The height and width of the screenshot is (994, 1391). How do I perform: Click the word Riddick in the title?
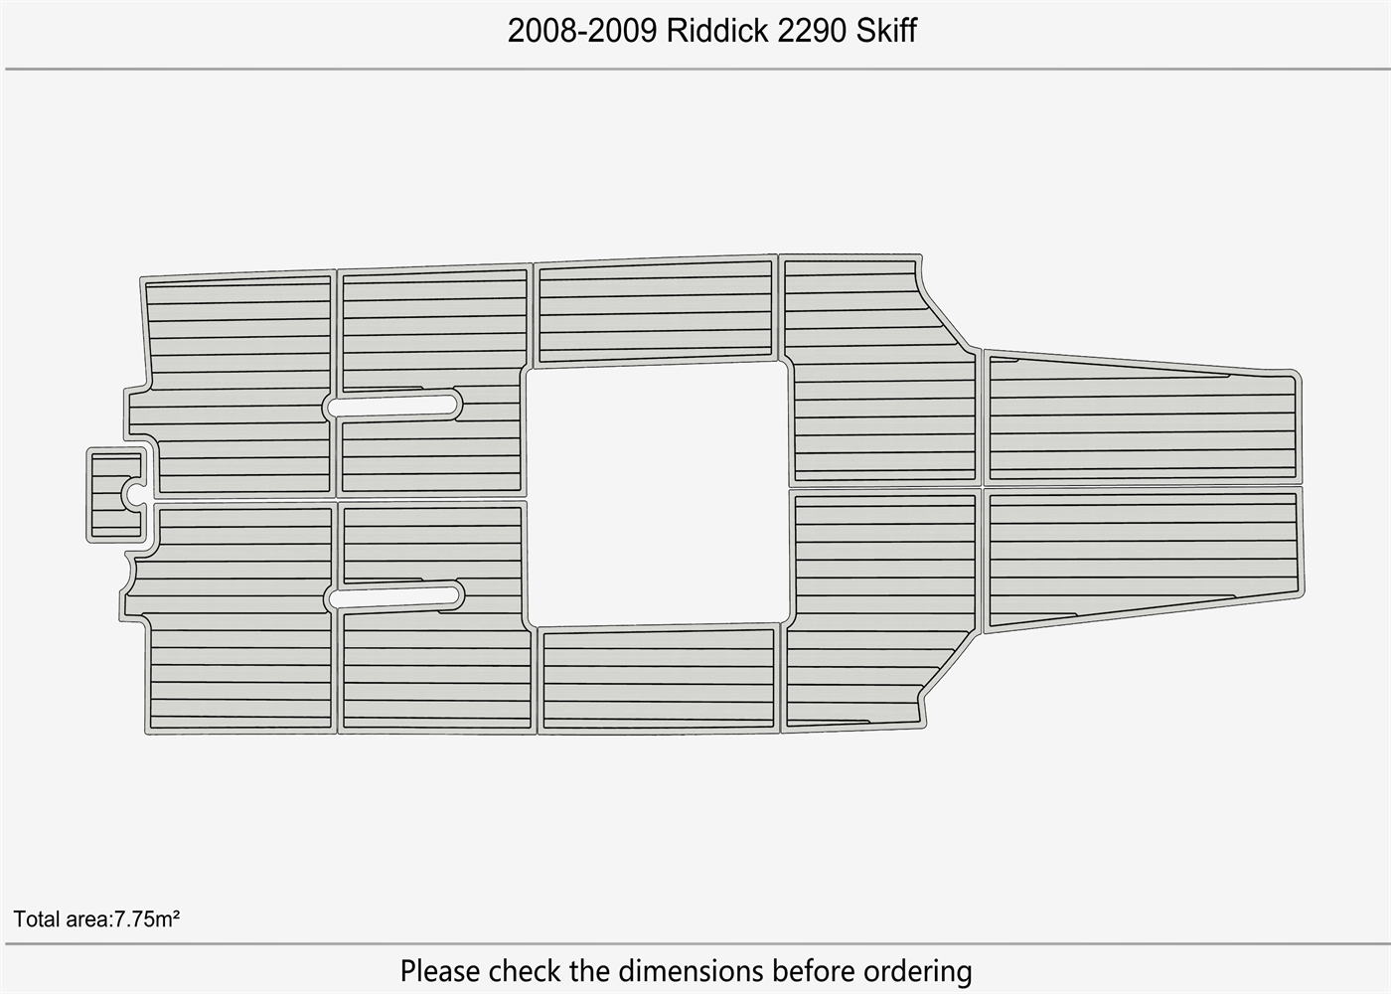pyautogui.click(x=716, y=31)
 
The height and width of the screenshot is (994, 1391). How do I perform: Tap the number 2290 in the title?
pyautogui.click(x=812, y=31)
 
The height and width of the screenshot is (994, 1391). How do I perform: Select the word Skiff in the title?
pyautogui.click(x=886, y=31)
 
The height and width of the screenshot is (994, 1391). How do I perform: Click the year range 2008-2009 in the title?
pyautogui.click(x=582, y=31)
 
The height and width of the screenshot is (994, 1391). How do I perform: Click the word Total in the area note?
pyautogui.click(x=37, y=918)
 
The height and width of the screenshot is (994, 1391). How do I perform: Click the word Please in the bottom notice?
pyautogui.click(x=439, y=971)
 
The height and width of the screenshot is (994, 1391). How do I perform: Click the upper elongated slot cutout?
pyautogui.click(x=392, y=406)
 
